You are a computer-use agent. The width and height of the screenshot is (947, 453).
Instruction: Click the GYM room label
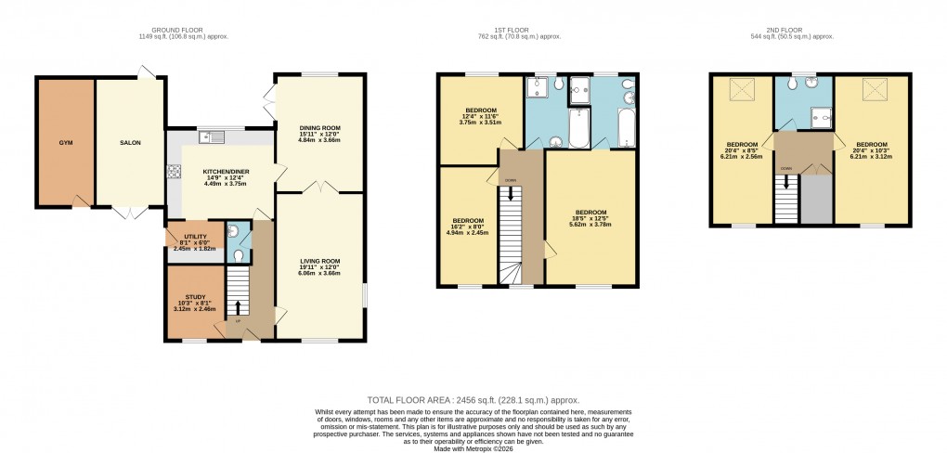(65, 143)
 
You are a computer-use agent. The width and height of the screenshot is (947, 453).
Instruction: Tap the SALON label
(130, 143)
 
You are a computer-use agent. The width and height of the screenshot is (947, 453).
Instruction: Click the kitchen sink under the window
(216, 138)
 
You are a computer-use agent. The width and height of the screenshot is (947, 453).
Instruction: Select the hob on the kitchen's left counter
(173, 172)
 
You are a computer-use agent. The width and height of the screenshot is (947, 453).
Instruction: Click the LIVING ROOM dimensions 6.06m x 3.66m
(320, 275)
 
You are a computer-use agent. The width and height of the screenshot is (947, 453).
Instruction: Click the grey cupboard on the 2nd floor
(816, 198)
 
